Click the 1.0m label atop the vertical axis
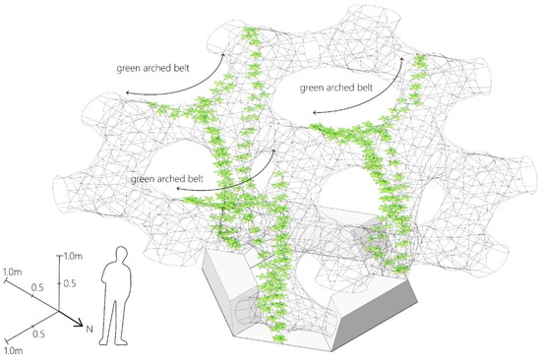[x=73, y=256]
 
